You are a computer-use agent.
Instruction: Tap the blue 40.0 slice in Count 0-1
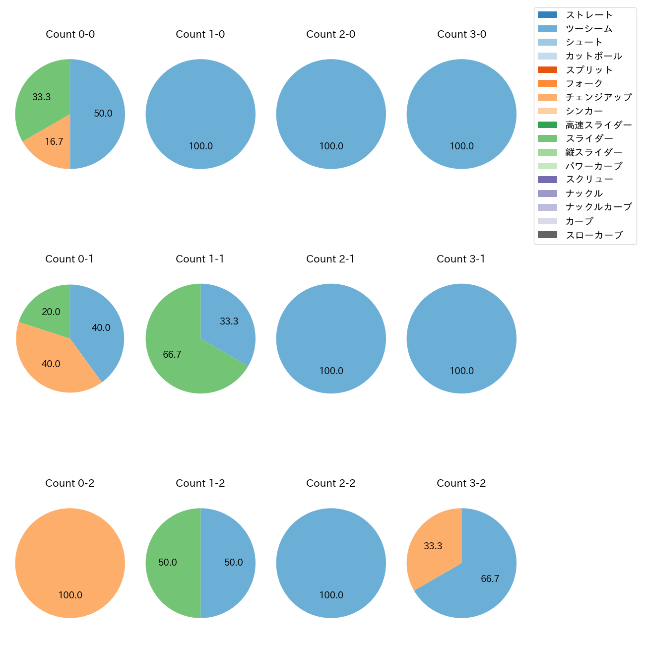pos(102,330)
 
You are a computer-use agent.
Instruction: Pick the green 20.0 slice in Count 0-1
pos(50,310)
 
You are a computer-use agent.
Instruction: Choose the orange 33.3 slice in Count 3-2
pos(432,546)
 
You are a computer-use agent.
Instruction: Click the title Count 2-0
pos(331,34)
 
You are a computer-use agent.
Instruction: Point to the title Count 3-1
pos(461,259)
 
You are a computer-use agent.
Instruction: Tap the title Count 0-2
pos(70,483)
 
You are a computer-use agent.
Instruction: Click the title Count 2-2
pos(331,483)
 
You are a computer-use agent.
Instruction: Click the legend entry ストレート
pos(589,15)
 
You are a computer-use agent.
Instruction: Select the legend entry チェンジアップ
pos(598,97)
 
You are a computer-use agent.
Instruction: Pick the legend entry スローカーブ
pos(594,235)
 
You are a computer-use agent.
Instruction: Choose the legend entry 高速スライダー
pos(598,125)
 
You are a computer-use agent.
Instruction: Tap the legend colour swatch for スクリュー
pos(547,180)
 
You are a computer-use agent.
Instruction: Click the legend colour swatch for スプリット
pos(547,70)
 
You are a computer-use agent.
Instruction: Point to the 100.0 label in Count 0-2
pos(70,595)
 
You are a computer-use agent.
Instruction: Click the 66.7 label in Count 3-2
pos(490,579)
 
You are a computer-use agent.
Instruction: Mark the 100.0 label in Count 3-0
pos(461,146)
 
